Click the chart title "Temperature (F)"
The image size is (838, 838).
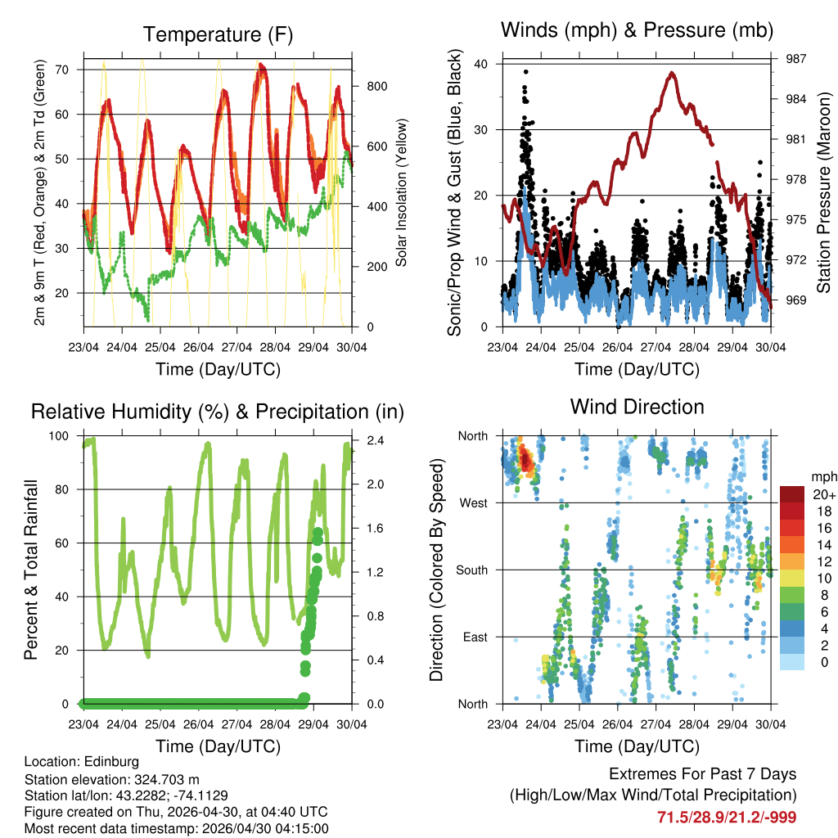pyautogui.click(x=218, y=34)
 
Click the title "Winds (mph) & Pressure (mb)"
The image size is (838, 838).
pyautogui.click(x=637, y=31)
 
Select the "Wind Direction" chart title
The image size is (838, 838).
pyautogui.click(x=637, y=406)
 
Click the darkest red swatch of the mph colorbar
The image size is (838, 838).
pyautogui.click(x=792, y=494)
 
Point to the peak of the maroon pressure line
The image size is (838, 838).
pyautogui.click(x=672, y=73)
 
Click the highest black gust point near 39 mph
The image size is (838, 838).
pyautogui.click(x=526, y=72)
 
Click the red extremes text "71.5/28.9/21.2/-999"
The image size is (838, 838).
pyautogui.click(x=726, y=817)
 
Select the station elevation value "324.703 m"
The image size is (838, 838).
pyautogui.click(x=160, y=779)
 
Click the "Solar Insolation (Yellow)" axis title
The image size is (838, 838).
pyautogui.click(x=402, y=193)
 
